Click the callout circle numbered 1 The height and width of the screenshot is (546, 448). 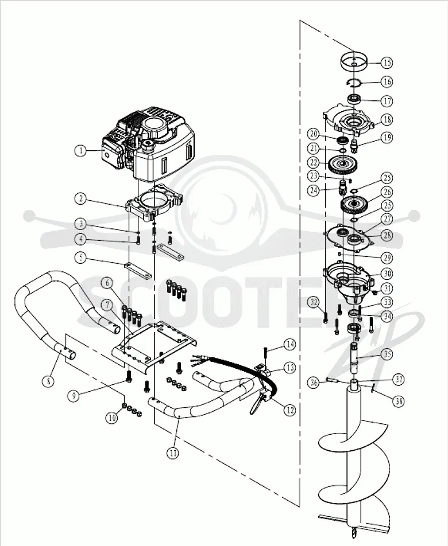click(x=81, y=150)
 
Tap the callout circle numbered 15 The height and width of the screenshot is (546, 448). click(x=387, y=63)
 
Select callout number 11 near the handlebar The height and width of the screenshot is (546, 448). click(x=173, y=453)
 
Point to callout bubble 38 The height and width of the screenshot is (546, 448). click(x=398, y=401)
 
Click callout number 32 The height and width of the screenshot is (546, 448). click(x=314, y=302)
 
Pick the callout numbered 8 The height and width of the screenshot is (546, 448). click(x=48, y=381)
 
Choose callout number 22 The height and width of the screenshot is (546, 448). click(x=314, y=162)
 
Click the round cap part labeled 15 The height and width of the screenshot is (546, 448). click(x=354, y=63)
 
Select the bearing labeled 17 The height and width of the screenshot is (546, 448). click(x=354, y=99)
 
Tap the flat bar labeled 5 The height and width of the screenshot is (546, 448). click(x=137, y=270)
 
